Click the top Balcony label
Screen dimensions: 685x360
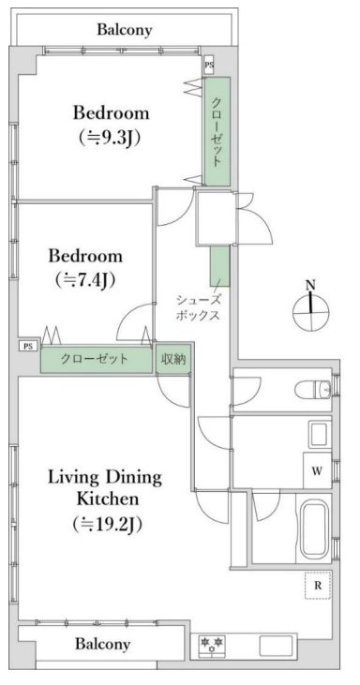click(x=125, y=29)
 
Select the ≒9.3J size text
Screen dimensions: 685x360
click(x=112, y=137)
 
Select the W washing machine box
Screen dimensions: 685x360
click(x=317, y=470)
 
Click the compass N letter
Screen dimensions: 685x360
click(x=310, y=285)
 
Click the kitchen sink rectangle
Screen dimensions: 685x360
click(x=277, y=646)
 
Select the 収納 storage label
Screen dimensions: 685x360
click(x=172, y=359)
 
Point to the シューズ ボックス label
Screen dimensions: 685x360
click(x=198, y=307)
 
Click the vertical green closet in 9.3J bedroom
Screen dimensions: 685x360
click(x=217, y=131)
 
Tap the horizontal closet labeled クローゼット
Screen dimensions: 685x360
click(x=97, y=360)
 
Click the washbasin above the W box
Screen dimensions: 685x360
click(x=319, y=435)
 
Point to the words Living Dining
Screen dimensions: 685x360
click(x=105, y=477)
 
